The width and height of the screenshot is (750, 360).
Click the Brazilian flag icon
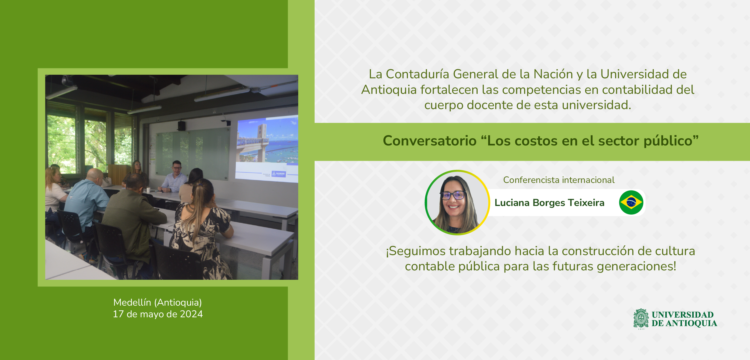631,203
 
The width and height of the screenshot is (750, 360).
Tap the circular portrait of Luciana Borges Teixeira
457,203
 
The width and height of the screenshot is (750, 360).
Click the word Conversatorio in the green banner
430,141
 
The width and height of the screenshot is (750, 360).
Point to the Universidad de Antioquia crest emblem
641,319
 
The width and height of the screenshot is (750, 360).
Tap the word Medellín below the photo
132,302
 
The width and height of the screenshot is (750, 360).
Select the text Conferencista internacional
559,180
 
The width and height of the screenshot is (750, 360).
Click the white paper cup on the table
148,190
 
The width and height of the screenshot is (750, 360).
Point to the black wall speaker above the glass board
181,126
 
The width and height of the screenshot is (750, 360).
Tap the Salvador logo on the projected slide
279,174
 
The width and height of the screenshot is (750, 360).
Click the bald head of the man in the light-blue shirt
95,174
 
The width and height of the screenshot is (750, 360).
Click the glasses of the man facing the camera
177,168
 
